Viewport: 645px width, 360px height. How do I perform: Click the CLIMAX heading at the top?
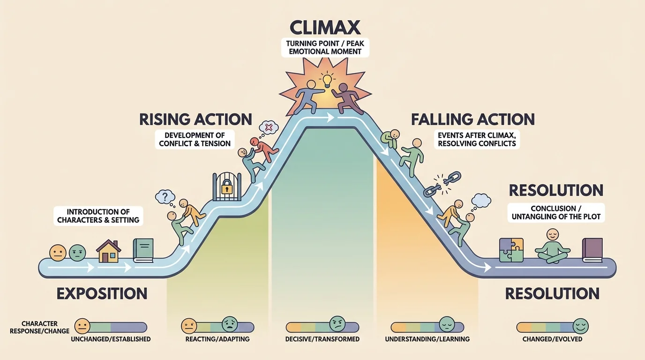325,27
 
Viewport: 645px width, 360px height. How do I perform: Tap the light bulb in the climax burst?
327,79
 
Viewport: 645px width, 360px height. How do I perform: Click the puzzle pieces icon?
511,249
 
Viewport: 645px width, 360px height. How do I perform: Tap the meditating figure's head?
554,234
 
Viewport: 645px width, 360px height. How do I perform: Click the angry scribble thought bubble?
269,127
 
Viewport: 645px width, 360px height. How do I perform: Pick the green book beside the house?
143,250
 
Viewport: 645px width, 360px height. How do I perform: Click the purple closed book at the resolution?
592,250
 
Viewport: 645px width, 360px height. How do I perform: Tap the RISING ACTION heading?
195,119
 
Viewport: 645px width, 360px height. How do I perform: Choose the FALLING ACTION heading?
472,119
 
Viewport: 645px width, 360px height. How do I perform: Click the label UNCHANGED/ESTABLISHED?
111,338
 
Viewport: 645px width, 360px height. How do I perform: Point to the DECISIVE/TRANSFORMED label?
322,338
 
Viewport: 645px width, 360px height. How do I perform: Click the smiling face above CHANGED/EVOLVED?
580,325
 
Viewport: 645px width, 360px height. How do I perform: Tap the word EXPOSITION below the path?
102,294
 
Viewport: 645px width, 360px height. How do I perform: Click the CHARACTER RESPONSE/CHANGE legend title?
39,327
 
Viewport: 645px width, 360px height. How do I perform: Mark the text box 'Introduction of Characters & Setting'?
98,216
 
